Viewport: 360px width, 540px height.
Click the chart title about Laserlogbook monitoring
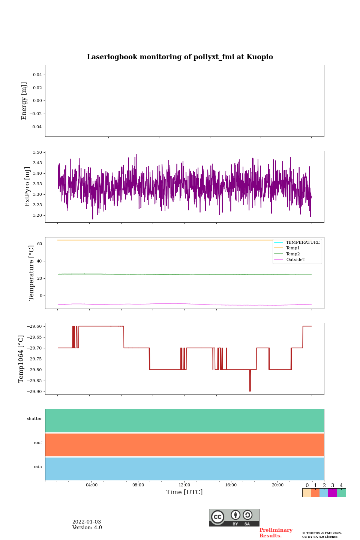coord(180,57)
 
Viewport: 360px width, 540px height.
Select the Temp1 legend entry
coord(293,248)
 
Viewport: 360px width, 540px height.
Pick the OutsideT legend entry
coord(295,260)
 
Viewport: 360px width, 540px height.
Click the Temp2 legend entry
coord(293,254)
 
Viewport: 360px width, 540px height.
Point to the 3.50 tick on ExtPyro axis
coord(37,153)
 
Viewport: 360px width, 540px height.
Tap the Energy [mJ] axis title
coord(24,101)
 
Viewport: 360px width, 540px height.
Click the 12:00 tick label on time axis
coord(184,485)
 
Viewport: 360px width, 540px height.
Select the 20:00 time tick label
coord(277,485)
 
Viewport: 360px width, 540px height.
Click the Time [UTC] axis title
coord(184,492)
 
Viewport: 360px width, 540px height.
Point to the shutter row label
coord(34,419)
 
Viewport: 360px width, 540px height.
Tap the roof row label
coord(38,443)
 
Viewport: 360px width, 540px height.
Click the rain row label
coord(38,467)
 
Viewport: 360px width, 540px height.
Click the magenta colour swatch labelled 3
coord(332,493)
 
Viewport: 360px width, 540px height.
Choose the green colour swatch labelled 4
coord(341,493)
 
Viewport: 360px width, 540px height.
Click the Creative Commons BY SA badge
coord(234,517)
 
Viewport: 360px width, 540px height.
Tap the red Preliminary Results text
coord(276,533)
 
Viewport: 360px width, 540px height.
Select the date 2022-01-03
coord(87,522)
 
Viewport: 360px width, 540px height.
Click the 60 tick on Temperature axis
coord(39,244)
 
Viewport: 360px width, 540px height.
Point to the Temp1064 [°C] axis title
coord(21,359)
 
